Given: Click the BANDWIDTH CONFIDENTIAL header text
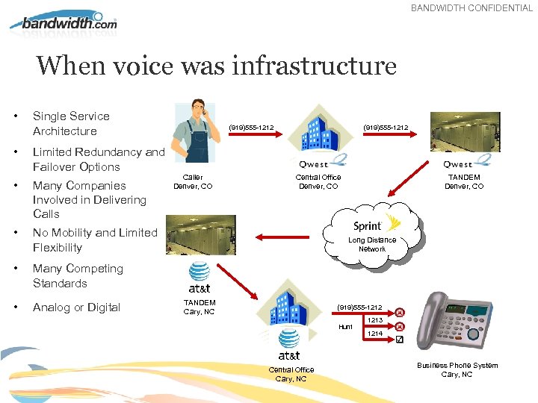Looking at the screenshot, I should point(471,8).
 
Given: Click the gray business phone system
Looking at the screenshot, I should point(460,323).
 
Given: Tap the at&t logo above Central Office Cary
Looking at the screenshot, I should point(290,354).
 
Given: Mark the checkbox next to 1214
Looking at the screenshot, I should point(399,340).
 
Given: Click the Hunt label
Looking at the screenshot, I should point(345,327).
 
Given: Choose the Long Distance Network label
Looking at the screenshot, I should point(371,244).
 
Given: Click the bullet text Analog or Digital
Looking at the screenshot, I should point(76,307).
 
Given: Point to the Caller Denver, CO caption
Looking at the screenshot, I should point(193,181).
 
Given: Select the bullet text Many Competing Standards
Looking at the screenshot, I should point(78,276).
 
